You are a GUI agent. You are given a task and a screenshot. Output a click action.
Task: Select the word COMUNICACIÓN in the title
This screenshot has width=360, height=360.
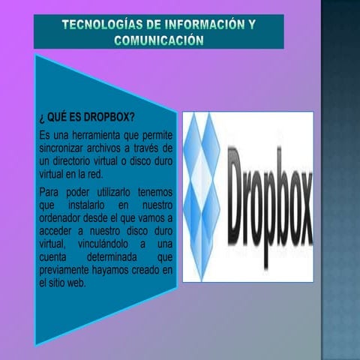click(158, 39)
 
